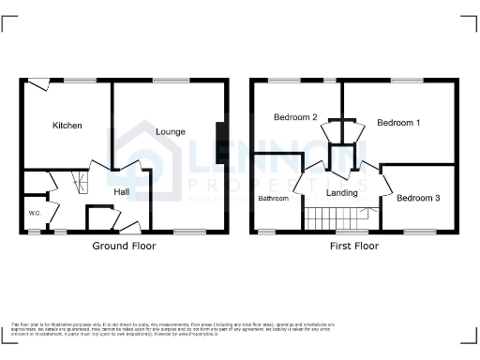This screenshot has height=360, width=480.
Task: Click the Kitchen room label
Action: pyautogui.click(x=67, y=126)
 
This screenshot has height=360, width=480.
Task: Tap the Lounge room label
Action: pyautogui.click(x=171, y=131)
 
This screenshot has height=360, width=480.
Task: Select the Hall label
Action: pyautogui.click(x=122, y=192)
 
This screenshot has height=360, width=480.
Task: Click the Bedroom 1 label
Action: pyautogui.click(x=398, y=123)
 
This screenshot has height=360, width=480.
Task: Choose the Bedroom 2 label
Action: pyautogui.click(x=295, y=117)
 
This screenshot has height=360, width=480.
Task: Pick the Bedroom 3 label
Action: pyautogui.click(x=417, y=199)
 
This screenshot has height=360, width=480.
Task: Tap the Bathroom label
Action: pyautogui.click(x=274, y=199)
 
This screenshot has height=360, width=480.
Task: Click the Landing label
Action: pyautogui.click(x=341, y=193)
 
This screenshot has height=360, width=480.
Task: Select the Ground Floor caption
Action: pyautogui.click(x=124, y=246)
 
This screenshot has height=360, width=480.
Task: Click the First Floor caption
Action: pyautogui.click(x=354, y=246)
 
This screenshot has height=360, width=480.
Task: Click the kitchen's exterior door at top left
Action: pyautogui.click(x=38, y=85)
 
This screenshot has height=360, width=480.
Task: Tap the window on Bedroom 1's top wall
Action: pyautogui.click(x=405, y=81)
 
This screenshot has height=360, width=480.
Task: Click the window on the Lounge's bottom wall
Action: pyautogui.click(x=189, y=231)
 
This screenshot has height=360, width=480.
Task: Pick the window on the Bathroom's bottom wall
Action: pyautogui.click(x=267, y=231)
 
